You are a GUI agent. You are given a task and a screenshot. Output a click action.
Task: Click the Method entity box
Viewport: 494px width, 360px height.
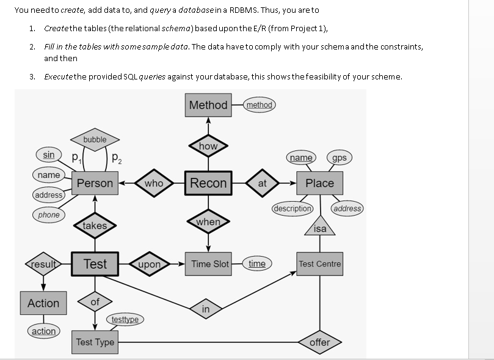pos(208,105)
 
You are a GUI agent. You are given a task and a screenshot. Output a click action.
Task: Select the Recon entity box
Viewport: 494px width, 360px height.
pos(208,183)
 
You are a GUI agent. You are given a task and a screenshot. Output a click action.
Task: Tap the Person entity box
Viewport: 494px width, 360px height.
pos(95,183)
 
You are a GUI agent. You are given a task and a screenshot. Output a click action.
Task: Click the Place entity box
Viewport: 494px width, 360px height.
pos(319,183)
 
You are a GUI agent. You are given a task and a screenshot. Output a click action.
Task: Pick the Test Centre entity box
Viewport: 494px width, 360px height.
pos(319,264)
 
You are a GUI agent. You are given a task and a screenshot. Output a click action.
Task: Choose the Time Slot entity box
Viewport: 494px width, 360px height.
pos(209,264)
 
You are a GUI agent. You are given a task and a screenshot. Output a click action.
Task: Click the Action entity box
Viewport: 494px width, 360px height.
pos(43,303)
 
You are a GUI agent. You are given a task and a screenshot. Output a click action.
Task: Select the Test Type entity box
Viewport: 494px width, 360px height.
pos(95,342)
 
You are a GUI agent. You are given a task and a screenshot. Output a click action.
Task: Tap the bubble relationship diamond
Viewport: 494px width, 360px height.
pos(95,140)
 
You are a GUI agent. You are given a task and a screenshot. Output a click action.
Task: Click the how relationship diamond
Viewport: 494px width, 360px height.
pos(208,146)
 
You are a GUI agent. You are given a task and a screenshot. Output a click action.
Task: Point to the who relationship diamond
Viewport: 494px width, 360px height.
pos(154,183)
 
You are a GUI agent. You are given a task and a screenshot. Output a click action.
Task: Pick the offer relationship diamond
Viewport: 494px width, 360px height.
pos(319,342)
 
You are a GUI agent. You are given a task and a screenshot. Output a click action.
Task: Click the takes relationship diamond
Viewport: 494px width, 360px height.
pos(95,226)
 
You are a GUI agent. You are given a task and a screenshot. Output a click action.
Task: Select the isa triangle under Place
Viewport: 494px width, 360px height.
pos(320,227)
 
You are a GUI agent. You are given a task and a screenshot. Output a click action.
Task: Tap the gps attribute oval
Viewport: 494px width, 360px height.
pos(340,158)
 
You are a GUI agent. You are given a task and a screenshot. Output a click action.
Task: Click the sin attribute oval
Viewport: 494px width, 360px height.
pos(48,155)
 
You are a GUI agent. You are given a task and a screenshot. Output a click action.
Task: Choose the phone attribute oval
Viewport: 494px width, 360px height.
pos(48,215)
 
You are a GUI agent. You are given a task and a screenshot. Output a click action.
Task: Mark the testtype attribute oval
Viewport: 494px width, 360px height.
pos(126,319)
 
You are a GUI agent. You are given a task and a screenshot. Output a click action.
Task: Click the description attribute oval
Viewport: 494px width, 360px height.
pos(292,208)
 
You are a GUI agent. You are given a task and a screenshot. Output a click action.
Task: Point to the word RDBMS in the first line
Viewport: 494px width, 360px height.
pos(247,10)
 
